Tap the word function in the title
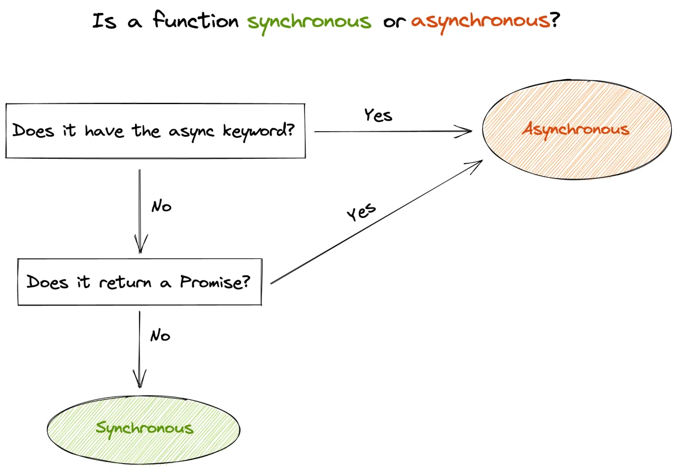click(x=196, y=20)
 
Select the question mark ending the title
click(x=555, y=20)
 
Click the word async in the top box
click(x=192, y=133)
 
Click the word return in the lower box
click(x=125, y=282)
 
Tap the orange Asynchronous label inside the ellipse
click(x=576, y=130)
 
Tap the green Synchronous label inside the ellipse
click(x=145, y=429)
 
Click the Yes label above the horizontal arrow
click(x=378, y=115)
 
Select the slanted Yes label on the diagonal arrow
click(x=361, y=212)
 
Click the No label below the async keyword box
click(x=162, y=206)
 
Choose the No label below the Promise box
click(x=160, y=336)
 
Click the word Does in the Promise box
click(x=47, y=282)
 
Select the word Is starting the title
click(x=105, y=21)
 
